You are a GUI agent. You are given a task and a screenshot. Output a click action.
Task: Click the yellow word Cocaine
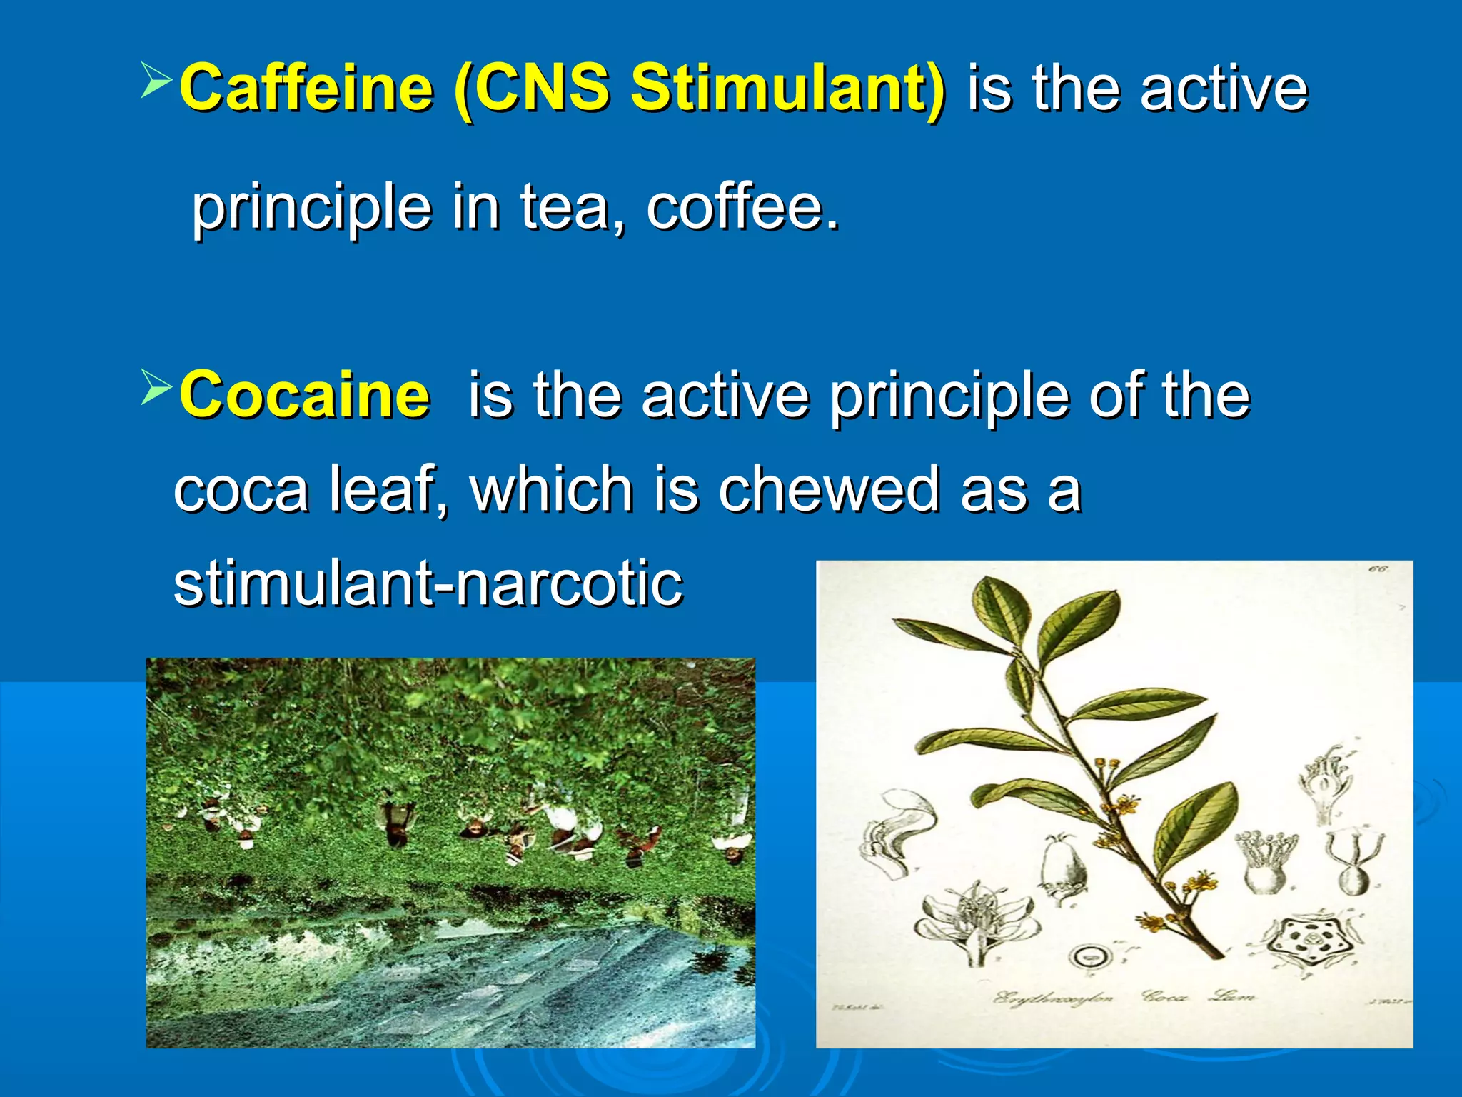point(305,395)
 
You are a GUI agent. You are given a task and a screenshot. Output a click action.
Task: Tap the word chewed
point(828,490)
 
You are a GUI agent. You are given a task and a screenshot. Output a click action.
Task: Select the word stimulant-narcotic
point(428,583)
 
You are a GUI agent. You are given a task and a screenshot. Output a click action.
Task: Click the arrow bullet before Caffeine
point(156,79)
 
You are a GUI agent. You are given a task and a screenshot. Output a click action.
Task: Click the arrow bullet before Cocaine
point(156,386)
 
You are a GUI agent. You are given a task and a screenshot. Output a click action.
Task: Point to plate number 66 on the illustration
point(1378,569)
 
